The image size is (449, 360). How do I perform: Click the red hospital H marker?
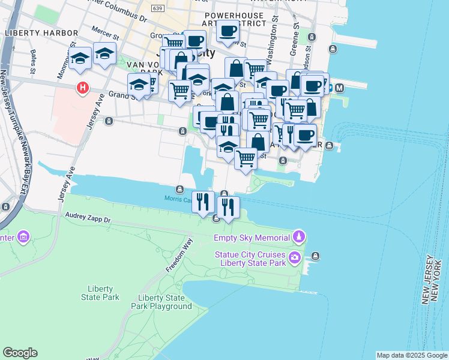(x=83, y=89)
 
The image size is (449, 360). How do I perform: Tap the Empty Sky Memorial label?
(x=252, y=238)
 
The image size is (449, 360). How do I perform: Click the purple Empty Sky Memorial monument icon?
(x=298, y=237)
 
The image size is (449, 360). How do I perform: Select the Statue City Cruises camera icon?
(x=295, y=258)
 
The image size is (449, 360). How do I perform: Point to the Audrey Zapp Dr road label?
(x=86, y=220)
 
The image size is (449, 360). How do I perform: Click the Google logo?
(x=20, y=353)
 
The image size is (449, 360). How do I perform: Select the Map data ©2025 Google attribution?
(x=412, y=355)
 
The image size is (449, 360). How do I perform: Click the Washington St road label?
(x=271, y=52)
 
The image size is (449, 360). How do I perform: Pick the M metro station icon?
(x=339, y=88)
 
